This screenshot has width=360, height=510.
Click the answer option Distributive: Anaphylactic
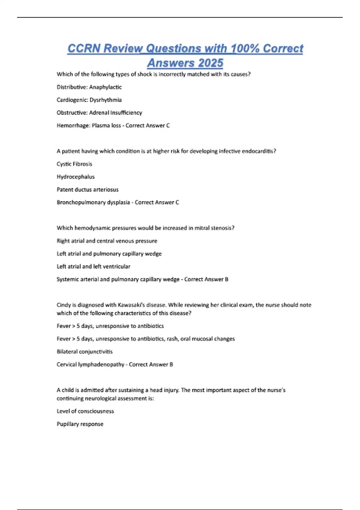(x=89, y=87)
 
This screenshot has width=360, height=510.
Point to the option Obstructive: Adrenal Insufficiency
(x=99, y=113)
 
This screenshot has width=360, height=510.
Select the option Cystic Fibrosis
(x=74, y=164)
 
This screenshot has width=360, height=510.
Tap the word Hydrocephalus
(x=76, y=177)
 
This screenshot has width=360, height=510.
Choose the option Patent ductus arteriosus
(x=88, y=190)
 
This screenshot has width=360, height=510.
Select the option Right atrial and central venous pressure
(x=107, y=241)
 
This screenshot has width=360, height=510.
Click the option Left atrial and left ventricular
(x=93, y=266)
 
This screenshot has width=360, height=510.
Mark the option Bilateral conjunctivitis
(x=85, y=352)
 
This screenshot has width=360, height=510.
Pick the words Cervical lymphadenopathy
(x=90, y=364)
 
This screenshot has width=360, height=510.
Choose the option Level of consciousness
(x=85, y=411)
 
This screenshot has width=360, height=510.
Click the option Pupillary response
(x=80, y=424)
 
